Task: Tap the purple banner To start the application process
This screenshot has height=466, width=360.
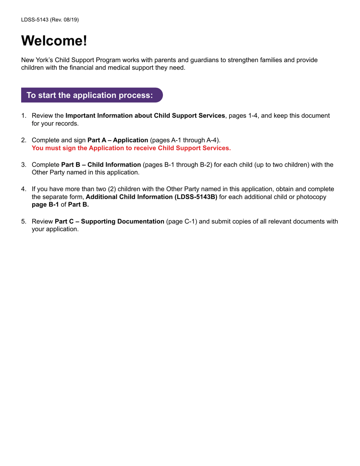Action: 91,95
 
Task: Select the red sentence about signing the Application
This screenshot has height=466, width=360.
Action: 131,148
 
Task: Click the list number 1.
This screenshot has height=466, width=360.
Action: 23,116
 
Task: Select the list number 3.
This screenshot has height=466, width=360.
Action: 23,165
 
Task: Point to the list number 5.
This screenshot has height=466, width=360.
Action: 23,221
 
